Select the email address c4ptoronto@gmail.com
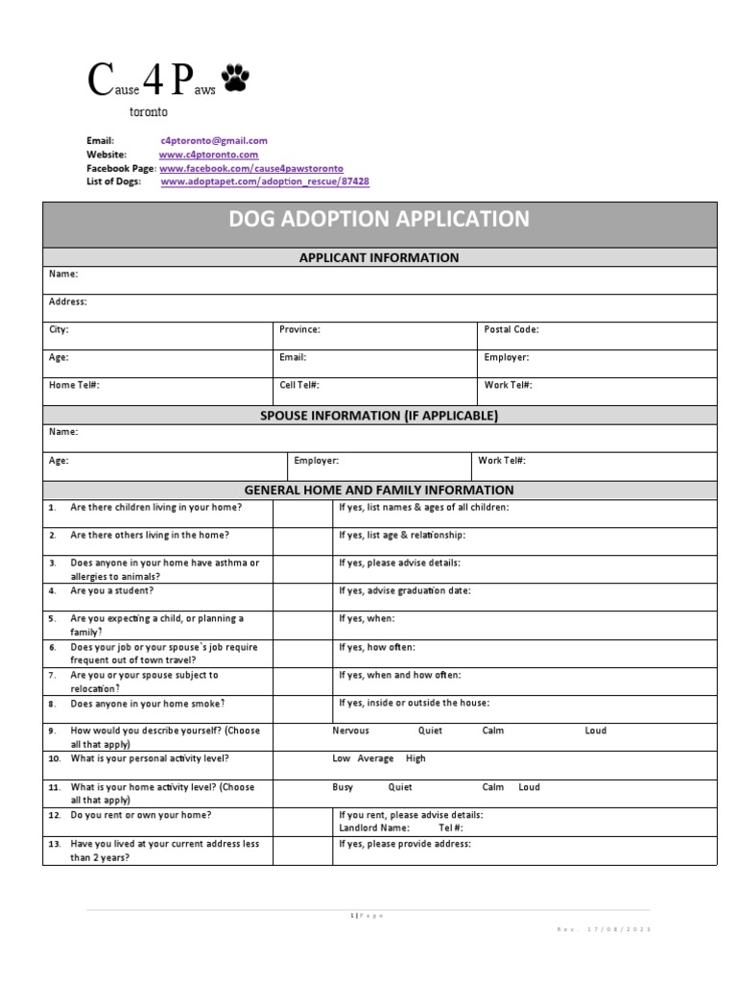(214, 140)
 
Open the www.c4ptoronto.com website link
(208, 154)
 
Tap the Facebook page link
(250, 167)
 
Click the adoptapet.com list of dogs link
(264, 180)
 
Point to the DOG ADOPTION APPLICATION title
(379, 219)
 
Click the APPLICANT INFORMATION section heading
(379, 257)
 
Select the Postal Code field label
(511, 329)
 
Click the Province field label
(299, 329)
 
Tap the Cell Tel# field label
(299, 385)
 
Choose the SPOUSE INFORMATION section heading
(379, 416)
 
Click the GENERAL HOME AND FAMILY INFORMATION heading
(379, 490)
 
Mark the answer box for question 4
(301, 596)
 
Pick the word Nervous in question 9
(350, 731)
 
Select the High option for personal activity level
(416, 758)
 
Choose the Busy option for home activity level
(343, 787)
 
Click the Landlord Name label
(373, 827)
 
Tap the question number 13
(54, 845)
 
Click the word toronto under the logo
(149, 111)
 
